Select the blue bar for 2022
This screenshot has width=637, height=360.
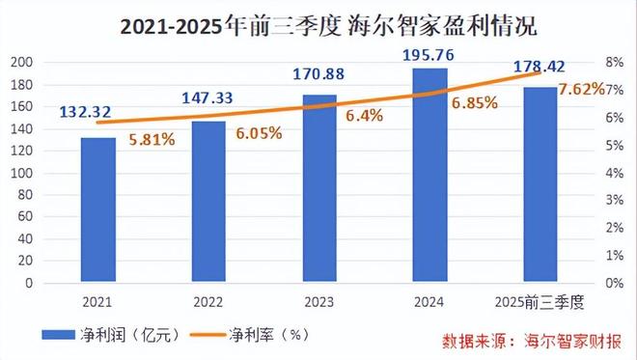pos(208,203)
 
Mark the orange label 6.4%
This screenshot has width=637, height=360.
pos(365,115)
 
